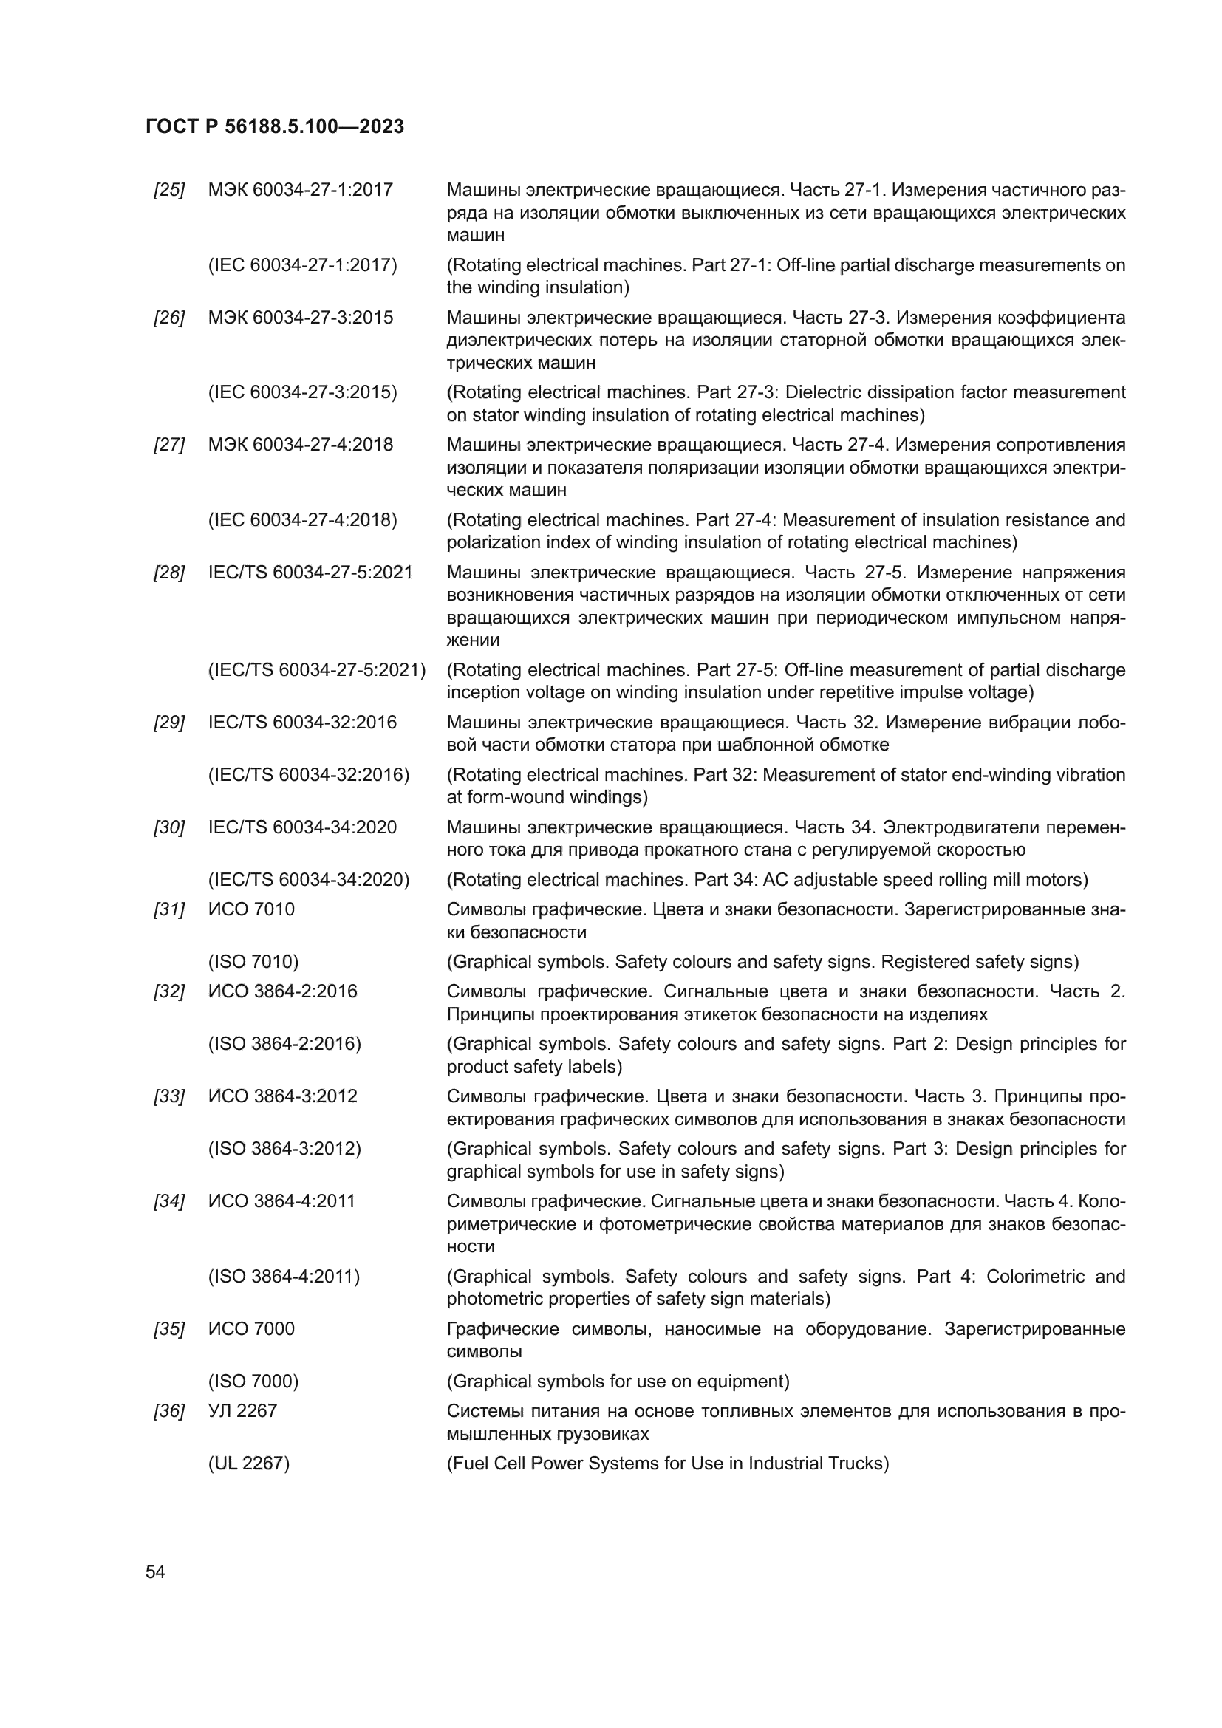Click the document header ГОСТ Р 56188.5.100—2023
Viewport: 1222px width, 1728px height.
coord(275,126)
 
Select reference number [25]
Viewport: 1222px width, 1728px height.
coord(169,191)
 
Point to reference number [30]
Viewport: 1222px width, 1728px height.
coord(169,828)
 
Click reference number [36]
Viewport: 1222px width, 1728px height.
coord(169,1411)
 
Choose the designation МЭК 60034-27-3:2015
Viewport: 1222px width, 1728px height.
coord(300,318)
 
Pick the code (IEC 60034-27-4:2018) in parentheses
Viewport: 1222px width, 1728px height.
coord(302,520)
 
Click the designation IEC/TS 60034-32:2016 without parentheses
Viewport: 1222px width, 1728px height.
coord(302,723)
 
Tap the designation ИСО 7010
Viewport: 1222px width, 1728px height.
coord(251,909)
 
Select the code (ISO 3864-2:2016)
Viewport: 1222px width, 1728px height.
coord(284,1044)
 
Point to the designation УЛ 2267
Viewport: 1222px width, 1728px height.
coord(242,1411)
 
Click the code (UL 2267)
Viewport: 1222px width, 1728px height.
coord(249,1463)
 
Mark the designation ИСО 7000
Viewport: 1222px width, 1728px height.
coord(251,1328)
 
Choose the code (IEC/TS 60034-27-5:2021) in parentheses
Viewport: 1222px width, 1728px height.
coord(317,670)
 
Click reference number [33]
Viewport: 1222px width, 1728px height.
coord(169,1096)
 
